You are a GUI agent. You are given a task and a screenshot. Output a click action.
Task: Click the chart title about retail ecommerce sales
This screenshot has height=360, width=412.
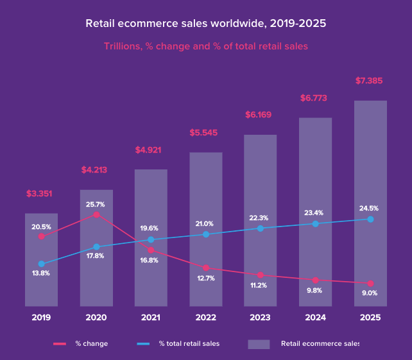tap(206, 24)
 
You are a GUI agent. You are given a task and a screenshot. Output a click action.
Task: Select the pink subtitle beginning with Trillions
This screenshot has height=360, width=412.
tap(206, 46)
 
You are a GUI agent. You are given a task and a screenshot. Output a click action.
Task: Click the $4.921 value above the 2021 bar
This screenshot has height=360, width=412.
tap(151, 150)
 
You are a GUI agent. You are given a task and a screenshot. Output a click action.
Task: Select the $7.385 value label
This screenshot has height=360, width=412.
tap(370, 81)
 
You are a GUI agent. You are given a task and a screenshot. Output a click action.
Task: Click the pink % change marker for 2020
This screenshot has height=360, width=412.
tap(96, 214)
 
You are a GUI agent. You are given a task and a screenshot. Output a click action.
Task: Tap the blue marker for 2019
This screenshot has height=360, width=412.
tap(41, 264)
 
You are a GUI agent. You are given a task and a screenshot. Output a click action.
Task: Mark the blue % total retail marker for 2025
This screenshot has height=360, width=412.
tap(370, 219)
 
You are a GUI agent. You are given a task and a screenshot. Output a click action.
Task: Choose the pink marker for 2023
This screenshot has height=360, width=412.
tap(261, 275)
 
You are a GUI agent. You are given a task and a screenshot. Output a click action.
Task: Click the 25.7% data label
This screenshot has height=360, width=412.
tap(95, 205)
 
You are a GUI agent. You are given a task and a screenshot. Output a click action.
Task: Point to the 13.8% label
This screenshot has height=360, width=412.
tap(41, 273)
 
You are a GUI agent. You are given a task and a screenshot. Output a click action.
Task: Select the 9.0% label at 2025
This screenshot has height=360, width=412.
tap(370, 293)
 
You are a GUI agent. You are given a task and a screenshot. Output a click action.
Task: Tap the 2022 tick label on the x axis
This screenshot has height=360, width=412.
tap(206, 318)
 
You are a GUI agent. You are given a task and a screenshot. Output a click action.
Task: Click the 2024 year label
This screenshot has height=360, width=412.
tap(315, 318)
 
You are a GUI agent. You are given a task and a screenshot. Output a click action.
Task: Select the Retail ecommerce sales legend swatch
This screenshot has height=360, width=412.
tap(259, 344)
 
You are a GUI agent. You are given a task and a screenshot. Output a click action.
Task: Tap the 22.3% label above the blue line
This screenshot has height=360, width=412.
tap(260, 218)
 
